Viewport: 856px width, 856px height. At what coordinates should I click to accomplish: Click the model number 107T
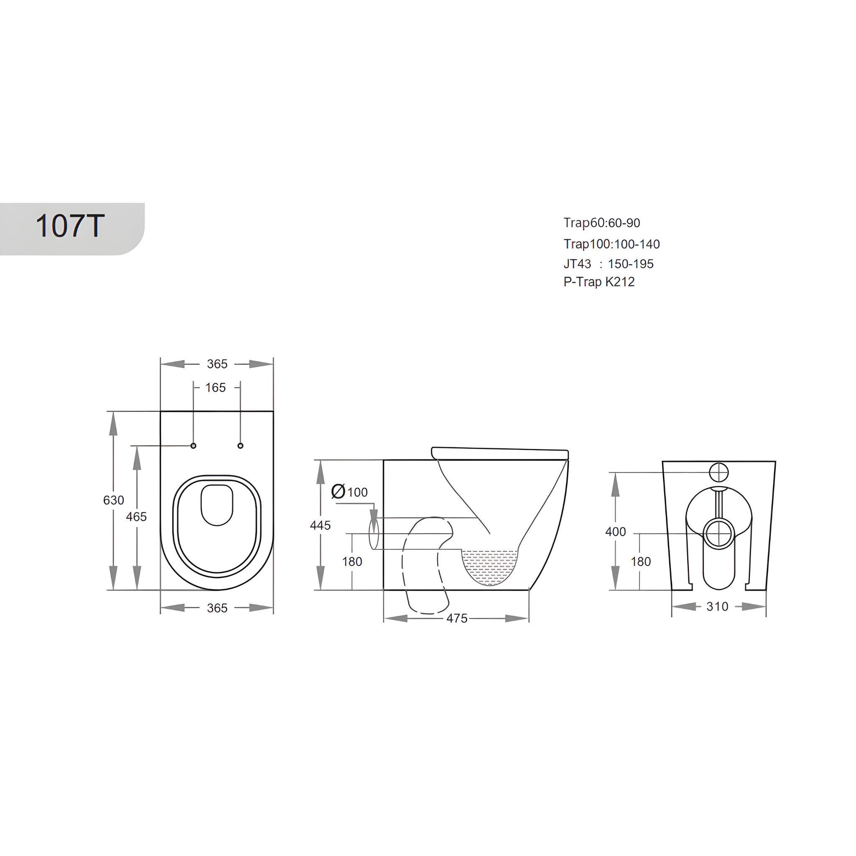69,227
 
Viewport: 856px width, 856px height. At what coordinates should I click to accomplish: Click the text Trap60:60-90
602,223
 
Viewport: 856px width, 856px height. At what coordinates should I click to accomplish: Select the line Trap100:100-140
611,244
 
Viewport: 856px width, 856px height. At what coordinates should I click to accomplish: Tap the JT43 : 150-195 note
608,264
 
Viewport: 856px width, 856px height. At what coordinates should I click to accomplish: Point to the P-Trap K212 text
599,282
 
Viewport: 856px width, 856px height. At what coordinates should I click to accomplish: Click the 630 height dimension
113,500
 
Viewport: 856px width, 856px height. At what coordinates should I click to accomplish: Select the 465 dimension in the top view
136,517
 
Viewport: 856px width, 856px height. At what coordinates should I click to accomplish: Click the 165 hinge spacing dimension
216,388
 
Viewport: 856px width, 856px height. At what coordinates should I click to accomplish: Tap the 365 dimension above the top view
217,364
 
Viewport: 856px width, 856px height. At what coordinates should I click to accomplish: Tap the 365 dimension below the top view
217,608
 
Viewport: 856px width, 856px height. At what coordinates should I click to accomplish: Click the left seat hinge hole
193,445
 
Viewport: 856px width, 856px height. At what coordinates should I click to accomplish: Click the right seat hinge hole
241,445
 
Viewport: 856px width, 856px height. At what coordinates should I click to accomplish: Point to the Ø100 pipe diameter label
349,492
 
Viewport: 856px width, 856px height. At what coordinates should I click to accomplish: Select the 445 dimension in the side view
320,525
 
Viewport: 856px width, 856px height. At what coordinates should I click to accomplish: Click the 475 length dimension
457,618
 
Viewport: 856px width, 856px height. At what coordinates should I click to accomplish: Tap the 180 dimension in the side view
352,561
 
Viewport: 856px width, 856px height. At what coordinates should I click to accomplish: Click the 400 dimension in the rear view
615,532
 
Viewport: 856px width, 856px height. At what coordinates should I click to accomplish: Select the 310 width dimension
717,606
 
